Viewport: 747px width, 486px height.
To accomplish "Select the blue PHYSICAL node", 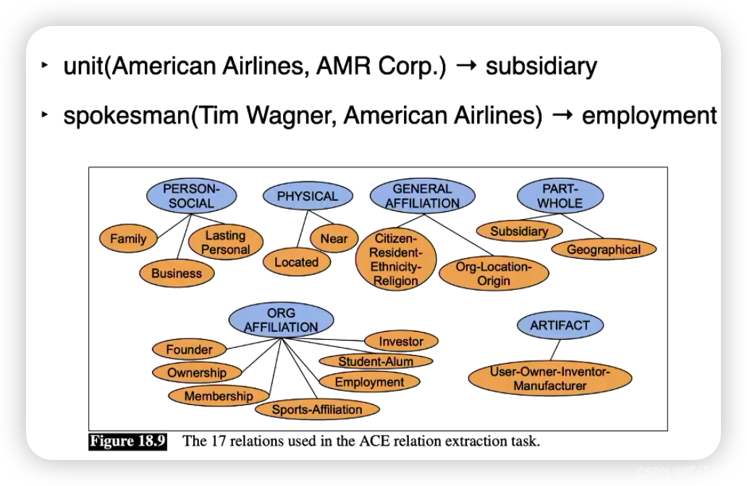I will tap(308, 196).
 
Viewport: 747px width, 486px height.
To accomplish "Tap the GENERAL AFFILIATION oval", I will tap(422, 196).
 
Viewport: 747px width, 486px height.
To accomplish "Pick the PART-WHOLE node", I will tap(560, 196).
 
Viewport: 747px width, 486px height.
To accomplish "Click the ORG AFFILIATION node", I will tap(281, 320).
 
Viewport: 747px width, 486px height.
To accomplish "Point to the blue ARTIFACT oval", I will tap(560, 325).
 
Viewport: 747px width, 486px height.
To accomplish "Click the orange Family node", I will tap(128, 239).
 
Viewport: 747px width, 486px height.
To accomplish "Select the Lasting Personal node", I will tap(225, 243).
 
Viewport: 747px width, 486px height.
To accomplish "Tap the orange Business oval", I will tap(177, 273).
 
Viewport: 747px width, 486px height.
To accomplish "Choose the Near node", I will tap(334, 239).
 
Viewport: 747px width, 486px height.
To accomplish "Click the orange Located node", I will tap(296, 263).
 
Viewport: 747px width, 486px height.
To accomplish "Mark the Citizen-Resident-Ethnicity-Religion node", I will tap(396, 260).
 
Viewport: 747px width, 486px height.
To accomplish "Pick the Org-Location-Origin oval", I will tap(493, 274).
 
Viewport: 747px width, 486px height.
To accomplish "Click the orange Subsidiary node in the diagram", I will tap(519, 231).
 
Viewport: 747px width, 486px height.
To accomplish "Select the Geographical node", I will tap(604, 250).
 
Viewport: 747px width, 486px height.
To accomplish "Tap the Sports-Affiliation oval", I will tap(317, 409).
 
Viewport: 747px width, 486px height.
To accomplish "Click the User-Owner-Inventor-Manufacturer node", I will tap(550, 379).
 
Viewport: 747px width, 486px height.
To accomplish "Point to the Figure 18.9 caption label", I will tap(128, 441).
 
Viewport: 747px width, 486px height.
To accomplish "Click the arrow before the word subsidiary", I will tap(467, 67).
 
